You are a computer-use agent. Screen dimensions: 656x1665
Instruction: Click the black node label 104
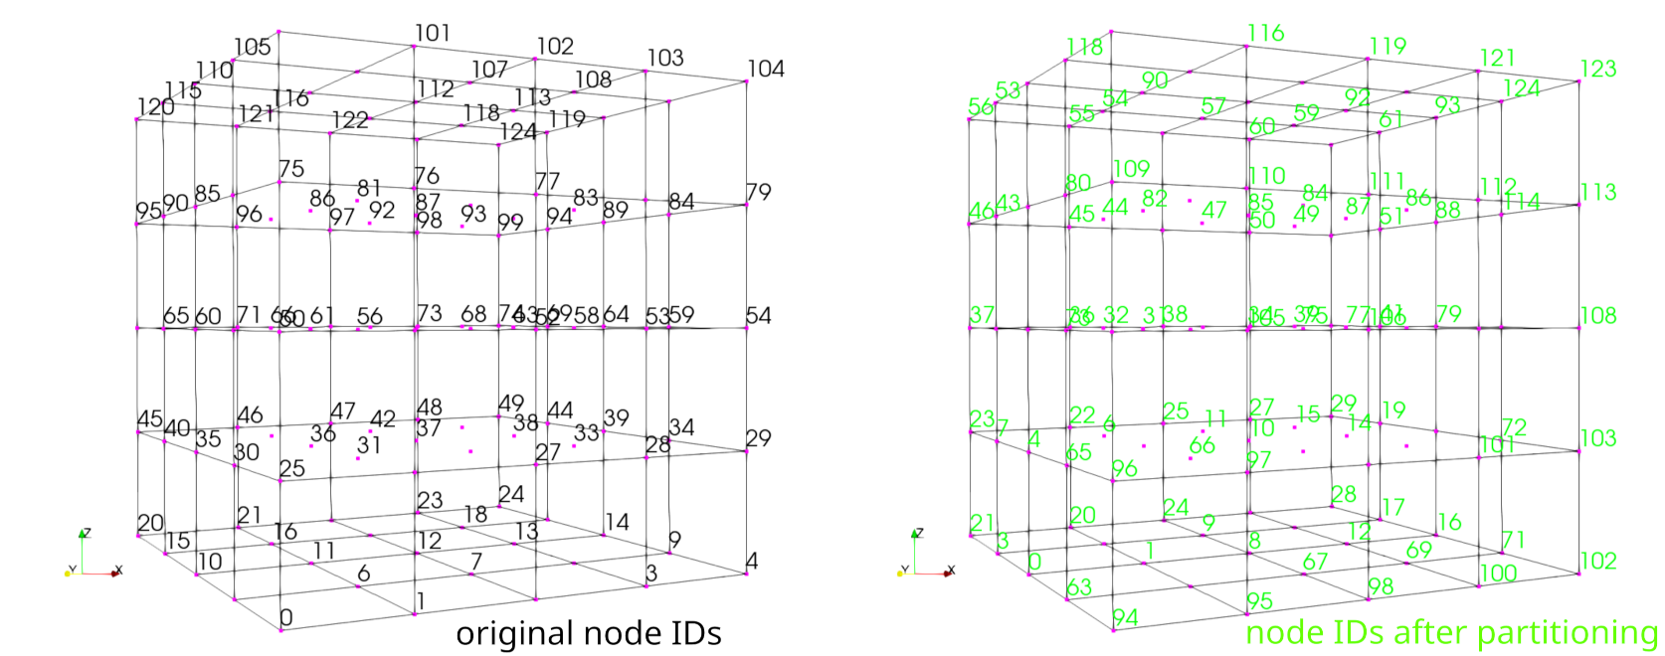point(766,69)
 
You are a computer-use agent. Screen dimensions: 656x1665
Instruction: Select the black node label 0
point(286,617)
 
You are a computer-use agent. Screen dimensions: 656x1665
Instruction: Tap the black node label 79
point(759,192)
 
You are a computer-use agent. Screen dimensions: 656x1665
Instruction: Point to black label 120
point(155,106)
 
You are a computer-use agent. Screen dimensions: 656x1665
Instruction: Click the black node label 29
point(759,438)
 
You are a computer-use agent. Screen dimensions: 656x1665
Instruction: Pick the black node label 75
point(291,168)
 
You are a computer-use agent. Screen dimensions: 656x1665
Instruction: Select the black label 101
point(433,33)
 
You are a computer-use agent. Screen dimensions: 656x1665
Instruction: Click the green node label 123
point(1598,69)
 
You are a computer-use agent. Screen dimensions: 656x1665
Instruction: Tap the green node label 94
point(1125,617)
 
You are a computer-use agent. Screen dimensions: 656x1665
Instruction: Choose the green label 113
point(1598,192)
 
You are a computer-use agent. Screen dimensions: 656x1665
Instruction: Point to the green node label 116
point(1266,33)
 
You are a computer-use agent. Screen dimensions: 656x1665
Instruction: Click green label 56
point(981,106)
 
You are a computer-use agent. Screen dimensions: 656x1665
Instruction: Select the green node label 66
point(1202,445)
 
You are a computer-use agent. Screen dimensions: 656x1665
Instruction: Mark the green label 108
point(1598,315)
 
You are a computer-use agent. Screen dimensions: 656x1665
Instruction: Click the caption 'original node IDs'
point(588,633)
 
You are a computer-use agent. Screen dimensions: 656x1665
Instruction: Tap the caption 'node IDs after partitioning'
point(1451,632)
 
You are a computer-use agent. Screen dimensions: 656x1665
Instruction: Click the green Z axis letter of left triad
point(87,533)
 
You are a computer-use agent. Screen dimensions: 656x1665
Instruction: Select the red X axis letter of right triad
point(952,571)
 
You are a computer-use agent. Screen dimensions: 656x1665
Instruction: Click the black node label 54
point(759,315)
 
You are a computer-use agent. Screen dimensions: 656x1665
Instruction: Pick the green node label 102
point(1598,561)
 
